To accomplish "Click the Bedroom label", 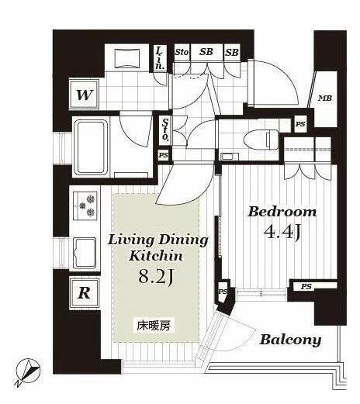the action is point(282,212).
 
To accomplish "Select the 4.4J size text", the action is point(282,232).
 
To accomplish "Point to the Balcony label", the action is point(290,340).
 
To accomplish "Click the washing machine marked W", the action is point(85,95).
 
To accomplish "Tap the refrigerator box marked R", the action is point(85,293).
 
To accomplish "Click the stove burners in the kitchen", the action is point(85,205).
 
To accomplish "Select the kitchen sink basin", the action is point(85,253).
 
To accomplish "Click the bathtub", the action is point(91,147).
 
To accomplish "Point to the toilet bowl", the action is point(261,140).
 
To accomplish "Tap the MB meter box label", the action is point(325,98).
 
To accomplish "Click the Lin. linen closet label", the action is point(160,59).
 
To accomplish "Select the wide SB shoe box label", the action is point(206,52).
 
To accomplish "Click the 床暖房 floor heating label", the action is point(154,326).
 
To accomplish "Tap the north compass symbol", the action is point(28,371).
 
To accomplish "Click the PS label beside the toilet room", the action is point(300,124).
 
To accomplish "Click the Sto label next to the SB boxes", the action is point(182,52).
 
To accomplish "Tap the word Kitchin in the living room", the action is point(156,256).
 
